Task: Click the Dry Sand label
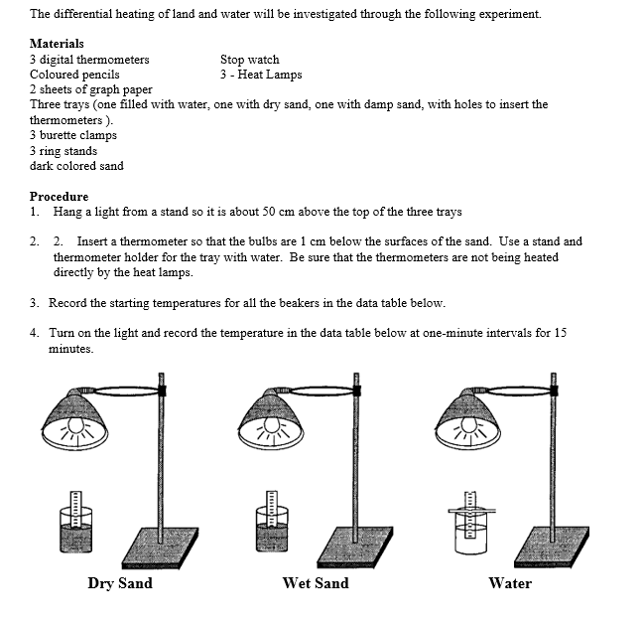point(120,583)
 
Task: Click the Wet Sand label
point(316,583)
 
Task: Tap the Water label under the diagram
point(510,583)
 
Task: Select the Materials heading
point(57,44)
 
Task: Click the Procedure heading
point(59,196)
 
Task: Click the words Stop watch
point(249,60)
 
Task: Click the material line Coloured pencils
point(74,75)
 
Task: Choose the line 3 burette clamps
point(73,135)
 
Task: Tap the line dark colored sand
point(76,166)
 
